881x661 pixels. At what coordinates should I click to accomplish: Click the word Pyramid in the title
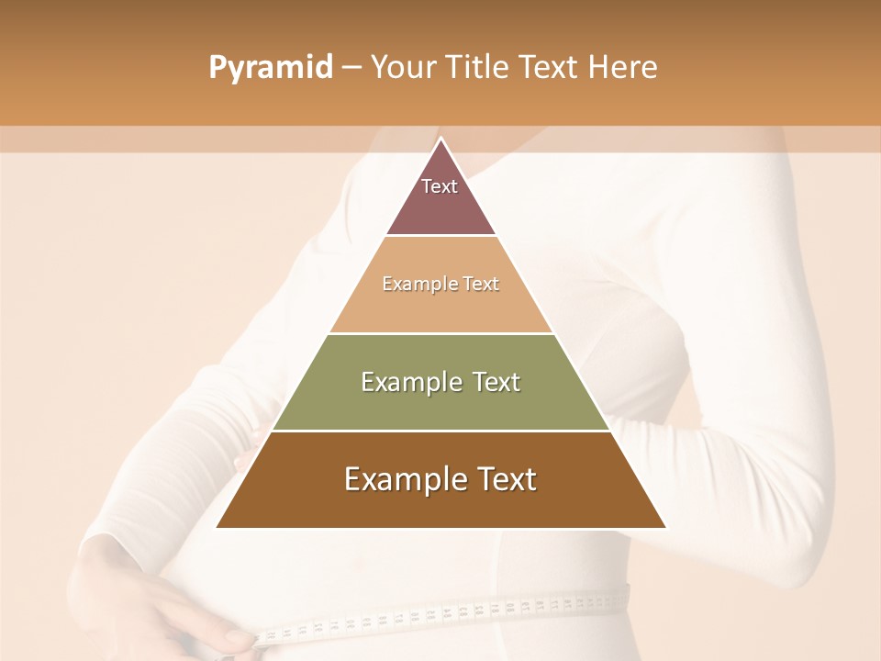[x=270, y=68]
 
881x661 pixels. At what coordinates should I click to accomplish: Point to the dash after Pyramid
[x=351, y=68]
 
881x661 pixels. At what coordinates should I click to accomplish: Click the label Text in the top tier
[x=440, y=186]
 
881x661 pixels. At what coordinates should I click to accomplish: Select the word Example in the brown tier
[x=405, y=479]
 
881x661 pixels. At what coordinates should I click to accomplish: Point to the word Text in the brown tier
[x=506, y=479]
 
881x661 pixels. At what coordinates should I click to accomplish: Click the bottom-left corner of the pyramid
[x=217, y=527]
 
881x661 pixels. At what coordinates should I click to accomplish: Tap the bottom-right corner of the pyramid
[x=665, y=527]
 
